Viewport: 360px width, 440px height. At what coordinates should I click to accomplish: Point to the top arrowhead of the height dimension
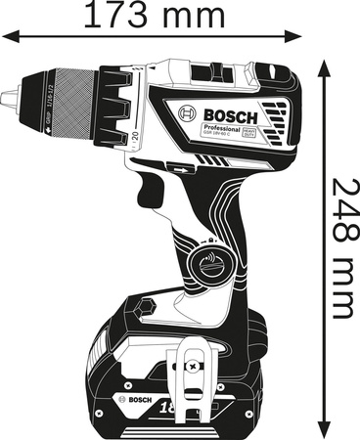pyautogui.click(x=324, y=57)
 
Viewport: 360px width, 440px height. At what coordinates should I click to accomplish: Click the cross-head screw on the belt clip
pyautogui.click(x=191, y=367)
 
